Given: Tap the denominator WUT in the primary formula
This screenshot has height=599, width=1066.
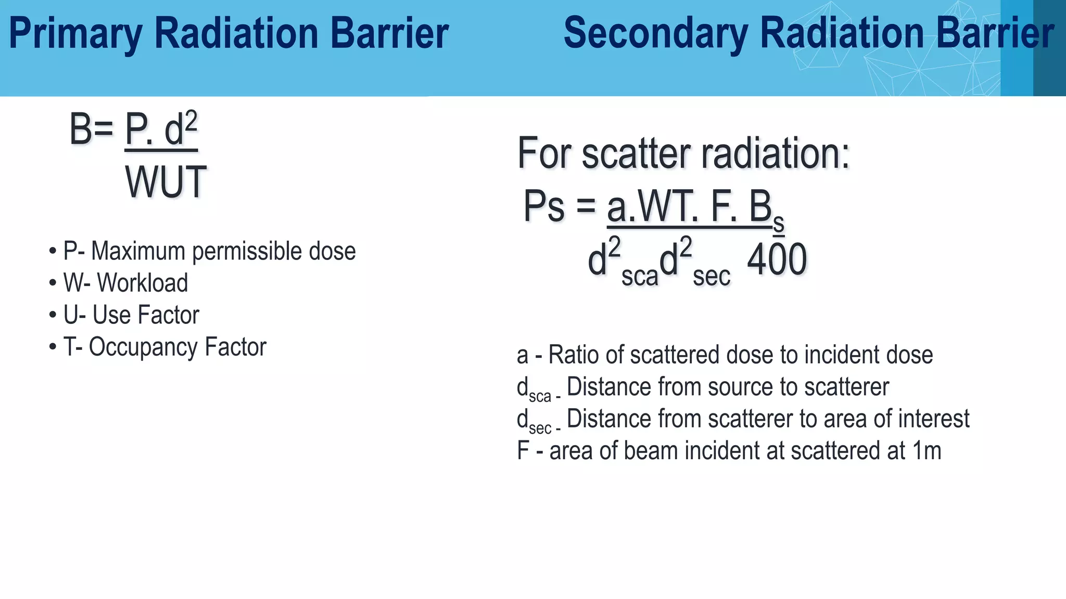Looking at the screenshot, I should tap(166, 182).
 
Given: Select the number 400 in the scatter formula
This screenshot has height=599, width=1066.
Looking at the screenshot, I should tap(777, 259).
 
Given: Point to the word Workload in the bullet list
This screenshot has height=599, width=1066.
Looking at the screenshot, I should tap(142, 283).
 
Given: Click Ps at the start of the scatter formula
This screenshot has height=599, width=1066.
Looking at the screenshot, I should tap(543, 206).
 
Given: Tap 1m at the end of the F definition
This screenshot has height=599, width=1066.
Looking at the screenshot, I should tap(927, 451).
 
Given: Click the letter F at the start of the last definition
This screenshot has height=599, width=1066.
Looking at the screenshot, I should tap(523, 451).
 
